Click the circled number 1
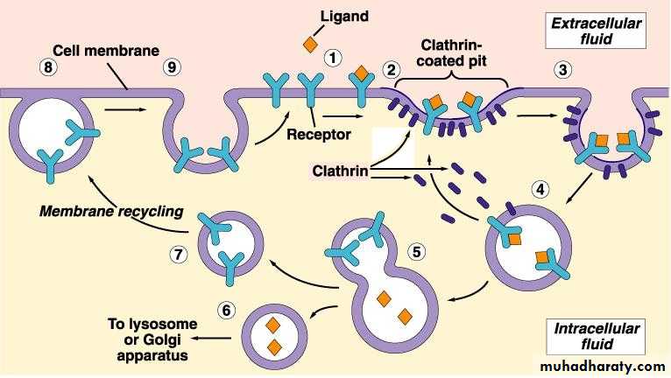tap(332, 58)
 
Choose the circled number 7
tap(179, 254)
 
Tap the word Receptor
tap(318, 135)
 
